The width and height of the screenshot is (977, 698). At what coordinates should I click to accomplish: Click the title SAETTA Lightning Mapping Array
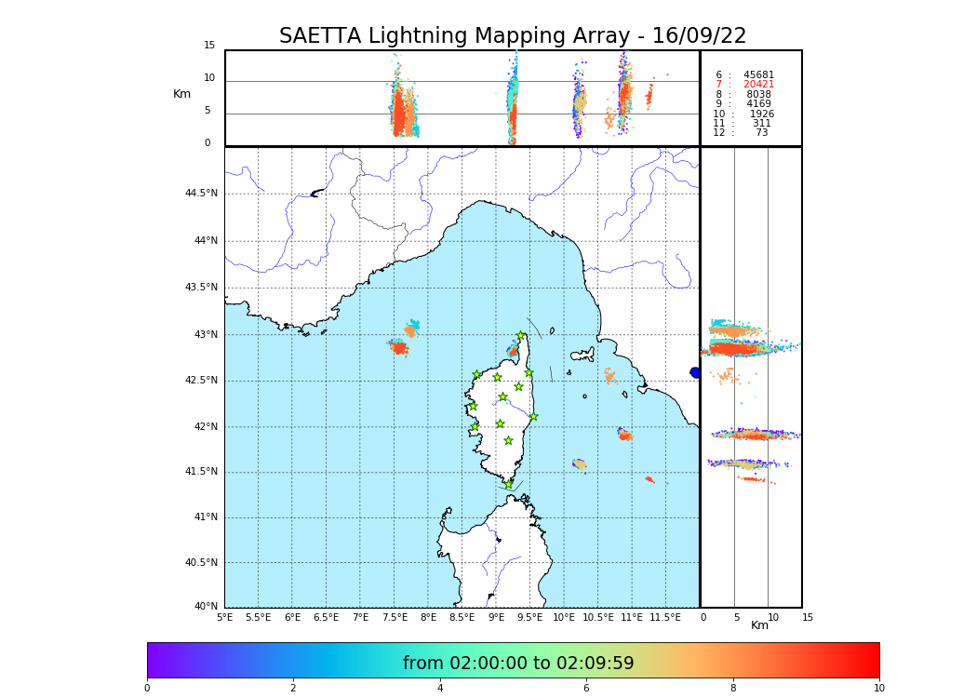[x=513, y=36]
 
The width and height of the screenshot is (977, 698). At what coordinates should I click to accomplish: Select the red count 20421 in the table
[x=758, y=85]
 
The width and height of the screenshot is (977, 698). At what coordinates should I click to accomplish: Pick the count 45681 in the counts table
[x=758, y=75]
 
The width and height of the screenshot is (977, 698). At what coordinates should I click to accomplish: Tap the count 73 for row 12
[x=761, y=133]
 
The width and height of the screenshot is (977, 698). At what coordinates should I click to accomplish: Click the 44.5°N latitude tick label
[x=201, y=194]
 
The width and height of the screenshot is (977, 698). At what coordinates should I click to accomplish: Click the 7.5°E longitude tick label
[x=395, y=617]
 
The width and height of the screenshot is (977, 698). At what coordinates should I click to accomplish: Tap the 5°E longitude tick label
[x=225, y=617]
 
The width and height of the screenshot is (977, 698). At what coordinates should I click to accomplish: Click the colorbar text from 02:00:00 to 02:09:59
[x=518, y=664]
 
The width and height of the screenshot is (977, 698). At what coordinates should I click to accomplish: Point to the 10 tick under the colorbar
[x=878, y=689]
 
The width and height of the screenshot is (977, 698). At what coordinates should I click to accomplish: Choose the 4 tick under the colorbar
[x=440, y=689]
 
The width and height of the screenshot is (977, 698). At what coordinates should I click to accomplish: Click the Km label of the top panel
[x=181, y=94]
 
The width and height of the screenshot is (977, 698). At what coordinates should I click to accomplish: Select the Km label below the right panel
[x=759, y=625]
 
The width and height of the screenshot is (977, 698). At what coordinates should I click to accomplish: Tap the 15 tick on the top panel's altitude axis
[x=209, y=46]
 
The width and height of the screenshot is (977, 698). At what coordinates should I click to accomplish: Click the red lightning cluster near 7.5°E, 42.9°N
[x=398, y=347]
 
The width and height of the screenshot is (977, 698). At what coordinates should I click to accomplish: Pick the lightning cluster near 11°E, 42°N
[x=625, y=435]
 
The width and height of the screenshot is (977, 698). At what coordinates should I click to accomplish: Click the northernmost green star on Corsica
[x=521, y=336]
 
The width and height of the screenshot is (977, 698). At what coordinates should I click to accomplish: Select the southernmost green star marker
[x=508, y=484]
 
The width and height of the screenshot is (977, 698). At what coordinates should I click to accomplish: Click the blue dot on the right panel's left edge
[x=695, y=372]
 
